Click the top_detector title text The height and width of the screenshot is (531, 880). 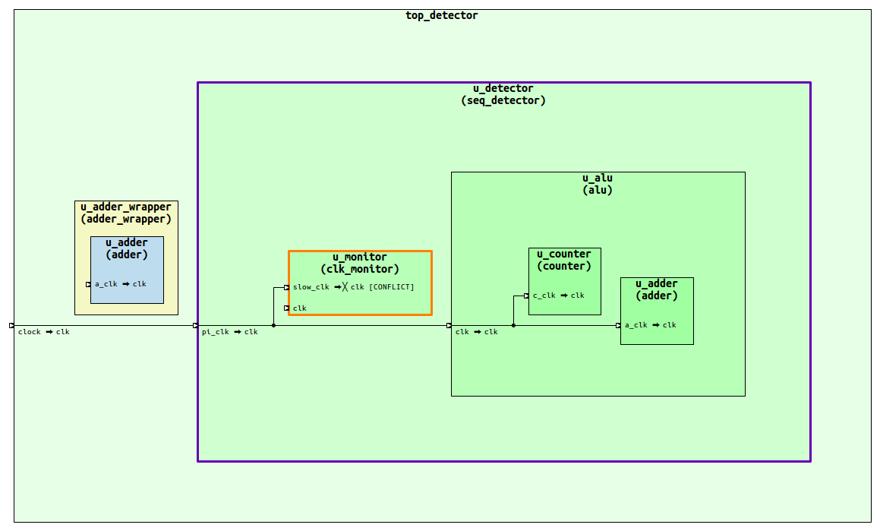pos(441,15)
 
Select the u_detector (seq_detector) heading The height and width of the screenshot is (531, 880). pos(503,94)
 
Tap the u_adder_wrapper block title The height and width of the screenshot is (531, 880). pos(126,213)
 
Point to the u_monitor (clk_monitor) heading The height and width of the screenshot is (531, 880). pos(359,263)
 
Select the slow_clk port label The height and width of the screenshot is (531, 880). pos(311,287)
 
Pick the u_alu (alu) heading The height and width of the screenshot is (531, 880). pos(597,184)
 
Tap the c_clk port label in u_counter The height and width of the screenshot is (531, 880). pos(544,296)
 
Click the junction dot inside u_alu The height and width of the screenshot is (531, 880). pos(513,326)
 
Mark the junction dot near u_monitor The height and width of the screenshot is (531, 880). pos(273,326)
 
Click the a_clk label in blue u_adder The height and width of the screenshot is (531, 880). pos(106,284)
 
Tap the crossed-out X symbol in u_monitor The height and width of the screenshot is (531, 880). pos(344,287)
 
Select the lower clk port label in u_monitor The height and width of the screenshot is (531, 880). pos(299,308)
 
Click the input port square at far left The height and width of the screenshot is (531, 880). pos(11,326)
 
